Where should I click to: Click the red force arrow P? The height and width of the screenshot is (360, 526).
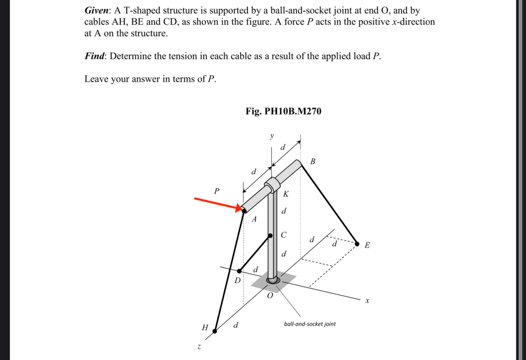[217, 204]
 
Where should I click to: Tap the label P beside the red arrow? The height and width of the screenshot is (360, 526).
[217, 191]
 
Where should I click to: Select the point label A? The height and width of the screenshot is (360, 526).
[254, 219]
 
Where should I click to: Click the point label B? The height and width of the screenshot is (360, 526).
[313, 162]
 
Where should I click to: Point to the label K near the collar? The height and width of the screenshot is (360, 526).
[286, 194]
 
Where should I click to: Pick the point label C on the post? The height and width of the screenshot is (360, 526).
[283, 235]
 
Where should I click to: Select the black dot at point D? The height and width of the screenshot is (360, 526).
[240, 271]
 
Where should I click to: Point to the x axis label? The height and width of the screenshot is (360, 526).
[367, 301]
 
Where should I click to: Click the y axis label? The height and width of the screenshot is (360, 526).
[271, 136]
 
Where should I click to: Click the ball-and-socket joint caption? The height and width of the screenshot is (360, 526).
[310, 324]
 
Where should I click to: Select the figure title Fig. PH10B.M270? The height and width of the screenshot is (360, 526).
[283, 111]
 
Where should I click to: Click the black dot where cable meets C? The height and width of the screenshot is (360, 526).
[270, 236]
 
